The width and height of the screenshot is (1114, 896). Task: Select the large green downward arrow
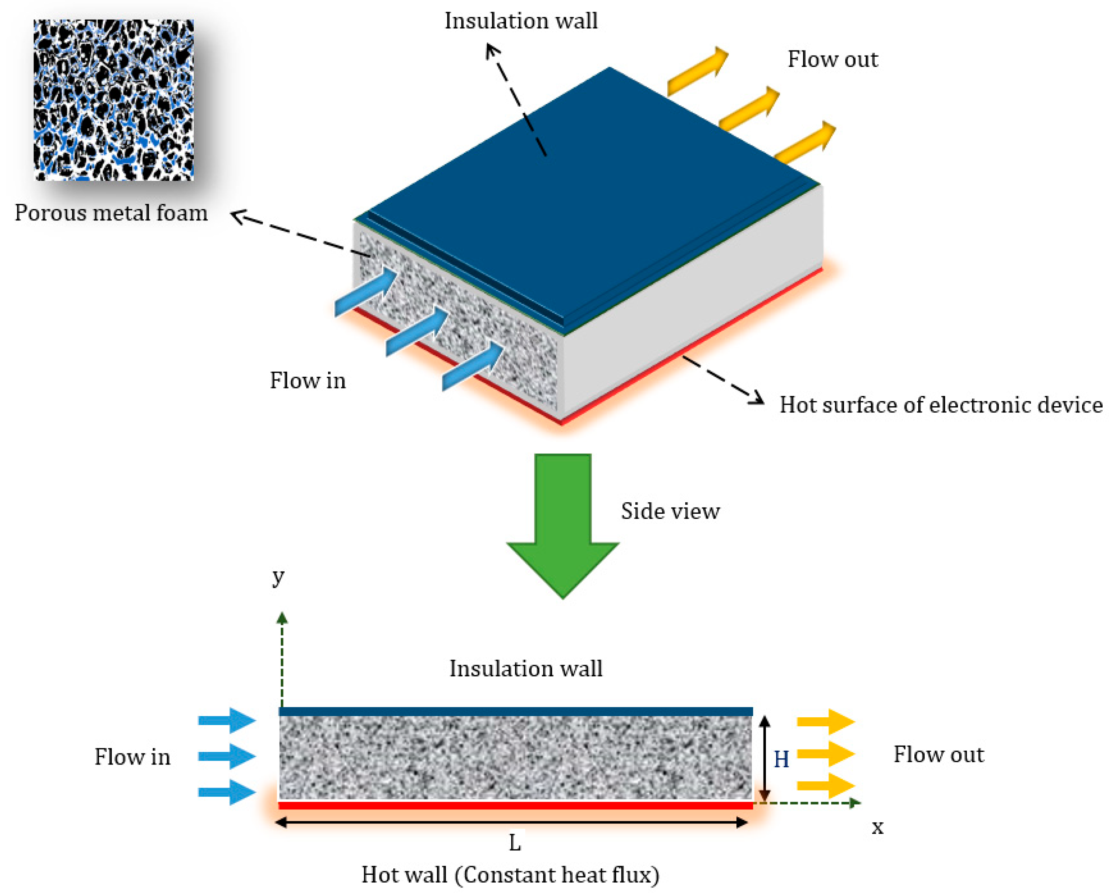pos(563,522)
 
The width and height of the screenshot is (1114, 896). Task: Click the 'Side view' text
pos(670,511)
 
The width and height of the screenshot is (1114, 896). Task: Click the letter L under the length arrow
pos(515,843)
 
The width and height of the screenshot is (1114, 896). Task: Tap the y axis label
pos(278,576)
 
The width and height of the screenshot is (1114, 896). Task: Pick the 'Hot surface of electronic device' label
pos(940,405)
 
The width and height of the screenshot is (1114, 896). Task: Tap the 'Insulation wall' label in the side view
pos(525,669)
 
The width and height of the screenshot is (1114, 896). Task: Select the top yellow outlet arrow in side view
pos(826,722)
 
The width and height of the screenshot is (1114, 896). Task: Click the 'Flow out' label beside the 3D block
pos(832,59)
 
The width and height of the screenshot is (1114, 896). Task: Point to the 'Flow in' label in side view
pos(132,757)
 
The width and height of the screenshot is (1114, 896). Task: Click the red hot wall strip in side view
pos(515,805)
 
